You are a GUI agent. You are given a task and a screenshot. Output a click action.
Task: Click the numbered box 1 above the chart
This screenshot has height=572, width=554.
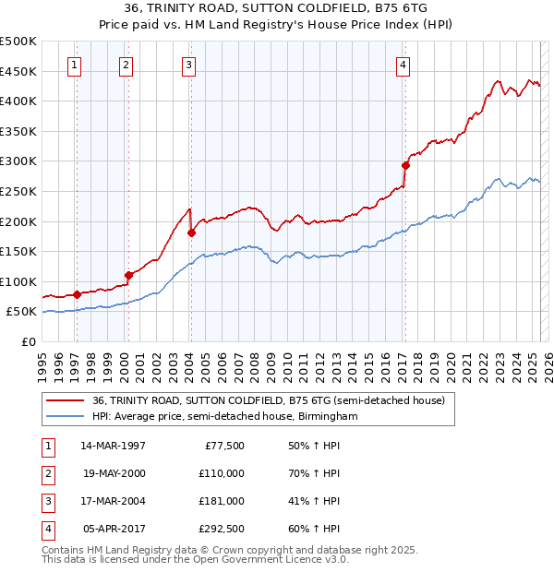[73, 65]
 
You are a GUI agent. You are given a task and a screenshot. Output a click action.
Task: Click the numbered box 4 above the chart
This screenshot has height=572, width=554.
[403, 65]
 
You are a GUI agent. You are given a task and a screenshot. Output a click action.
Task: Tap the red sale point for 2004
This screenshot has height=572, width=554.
[191, 232]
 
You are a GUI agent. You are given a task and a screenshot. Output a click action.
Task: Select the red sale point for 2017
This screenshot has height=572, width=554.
[405, 166]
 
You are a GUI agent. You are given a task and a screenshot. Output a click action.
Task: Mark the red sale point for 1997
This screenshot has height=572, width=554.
[77, 294]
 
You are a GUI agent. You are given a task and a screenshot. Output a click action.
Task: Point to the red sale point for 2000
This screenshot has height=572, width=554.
[129, 275]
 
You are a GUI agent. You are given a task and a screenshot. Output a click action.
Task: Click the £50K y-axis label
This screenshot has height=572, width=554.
[21, 312]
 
